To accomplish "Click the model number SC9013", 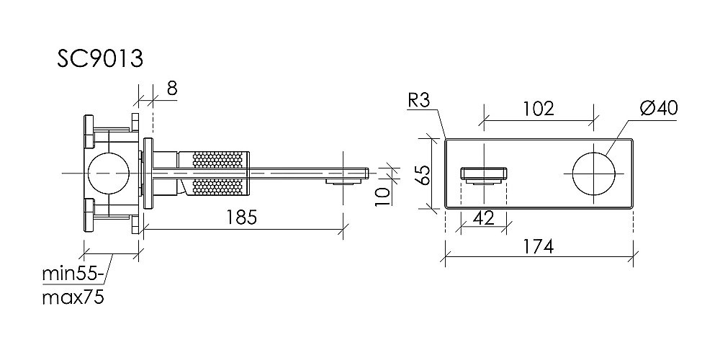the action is [x=100, y=58].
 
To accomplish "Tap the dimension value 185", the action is [x=243, y=217].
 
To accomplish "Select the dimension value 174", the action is [x=538, y=246].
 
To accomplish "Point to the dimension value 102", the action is [x=539, y=109].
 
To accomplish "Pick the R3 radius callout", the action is [x=419, y=101].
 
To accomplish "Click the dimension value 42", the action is [x=484, y=217].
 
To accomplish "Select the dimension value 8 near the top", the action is [x=172, y=88].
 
